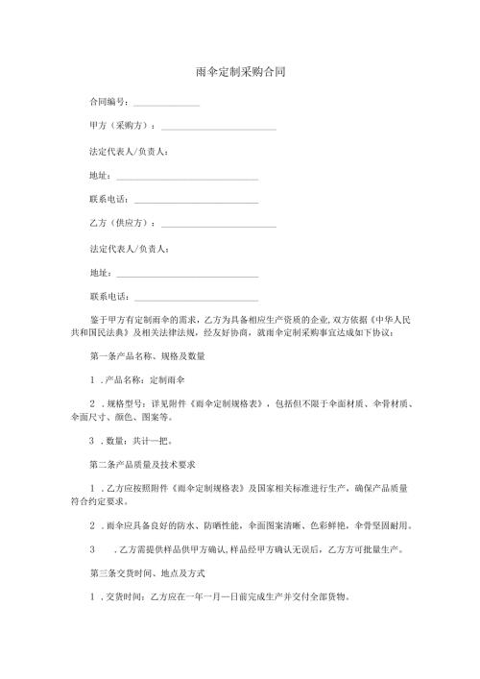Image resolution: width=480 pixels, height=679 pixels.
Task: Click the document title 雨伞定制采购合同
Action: (240, 72)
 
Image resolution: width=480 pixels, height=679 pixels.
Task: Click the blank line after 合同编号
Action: (166, 104)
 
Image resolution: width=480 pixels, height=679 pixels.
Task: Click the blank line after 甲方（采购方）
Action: (219, 129)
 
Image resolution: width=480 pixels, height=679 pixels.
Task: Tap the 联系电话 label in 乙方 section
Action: (108, 297)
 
